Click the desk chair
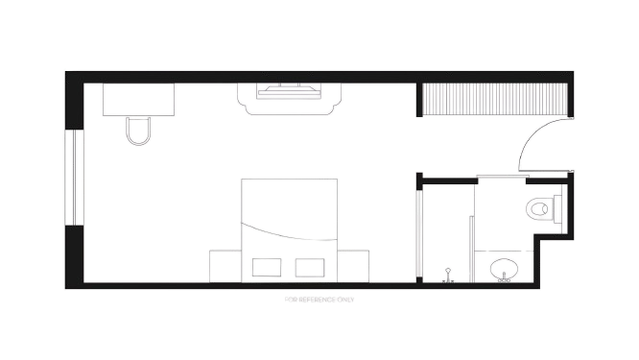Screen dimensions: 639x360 coord(138,132)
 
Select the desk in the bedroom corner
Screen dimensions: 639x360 coord(138,100)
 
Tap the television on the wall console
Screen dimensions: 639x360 coord(290,91)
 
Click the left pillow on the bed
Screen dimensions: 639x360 coord(267,268)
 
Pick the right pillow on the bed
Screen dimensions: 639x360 coord(310,268)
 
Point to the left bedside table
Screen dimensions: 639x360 coord(225,266)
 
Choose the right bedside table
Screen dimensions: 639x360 coord(353,266)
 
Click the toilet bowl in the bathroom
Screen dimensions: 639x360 coord(539,209)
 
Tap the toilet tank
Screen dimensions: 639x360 coord(557,208)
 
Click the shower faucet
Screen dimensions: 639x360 coord(448,276)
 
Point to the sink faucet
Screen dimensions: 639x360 coord(504,277)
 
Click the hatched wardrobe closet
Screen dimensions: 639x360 coord(495,99)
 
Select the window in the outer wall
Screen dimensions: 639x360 coord(74,178)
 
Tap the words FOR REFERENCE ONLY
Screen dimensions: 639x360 coord(319,300)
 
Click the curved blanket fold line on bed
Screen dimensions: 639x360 coord(289,233)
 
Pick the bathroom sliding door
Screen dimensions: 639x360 coord(503,176)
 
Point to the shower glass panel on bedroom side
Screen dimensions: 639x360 coord(419,233)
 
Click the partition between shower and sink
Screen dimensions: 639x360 coord(471,249)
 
